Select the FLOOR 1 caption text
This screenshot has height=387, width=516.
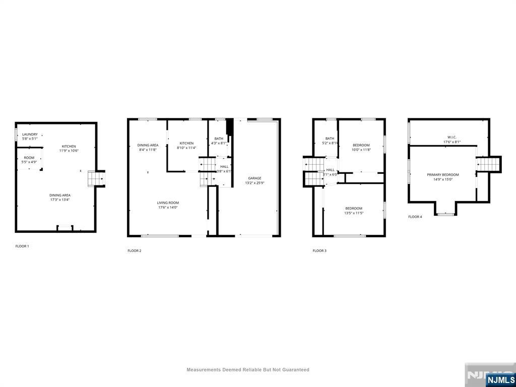pyautogui.click(x=22, y=246)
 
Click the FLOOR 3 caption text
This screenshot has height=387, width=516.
pyautogui.click(x=319, y=250)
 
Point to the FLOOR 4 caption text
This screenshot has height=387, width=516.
pyautogui.click(x=415, y=217)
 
